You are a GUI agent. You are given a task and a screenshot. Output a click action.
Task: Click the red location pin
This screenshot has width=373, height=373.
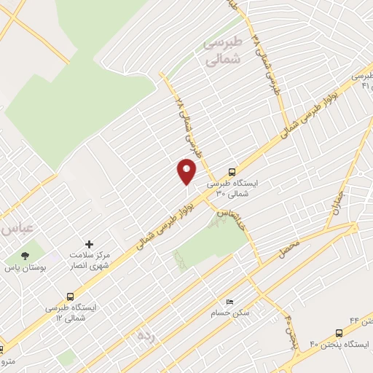[186, 171]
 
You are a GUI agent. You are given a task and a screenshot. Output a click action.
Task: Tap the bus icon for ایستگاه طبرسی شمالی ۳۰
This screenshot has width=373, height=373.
[232, 173]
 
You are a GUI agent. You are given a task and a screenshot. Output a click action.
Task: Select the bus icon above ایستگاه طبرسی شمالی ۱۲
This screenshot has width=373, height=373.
[70, 297]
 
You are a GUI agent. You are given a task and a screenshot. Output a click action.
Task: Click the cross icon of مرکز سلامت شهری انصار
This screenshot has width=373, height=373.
[89, 244]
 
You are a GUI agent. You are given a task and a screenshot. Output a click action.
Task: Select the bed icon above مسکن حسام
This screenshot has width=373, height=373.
[231, 302]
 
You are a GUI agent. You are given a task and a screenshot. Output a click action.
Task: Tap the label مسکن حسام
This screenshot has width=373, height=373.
[230, 313]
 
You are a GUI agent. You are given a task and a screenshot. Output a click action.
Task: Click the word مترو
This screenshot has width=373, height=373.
[7, 361]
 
